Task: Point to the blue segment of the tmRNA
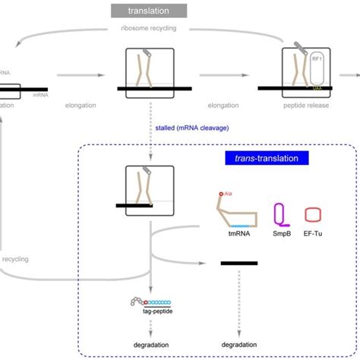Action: click(x=242, y=226)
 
